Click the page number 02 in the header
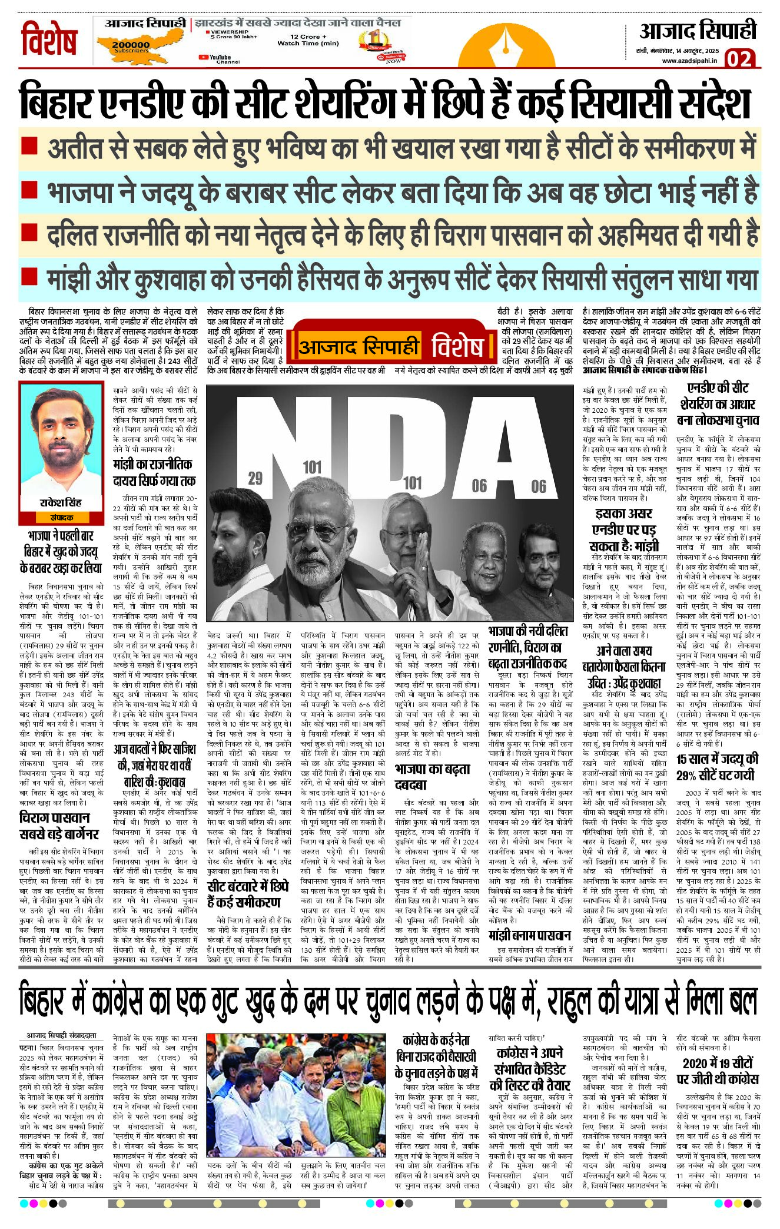[739, 59]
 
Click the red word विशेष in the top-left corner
[49, 41]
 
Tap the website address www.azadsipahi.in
[689, 61]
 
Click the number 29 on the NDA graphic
[255, 478]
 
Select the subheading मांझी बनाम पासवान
[530, 936]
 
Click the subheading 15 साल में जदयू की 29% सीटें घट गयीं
[718, 766]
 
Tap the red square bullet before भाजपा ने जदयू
[29, 189]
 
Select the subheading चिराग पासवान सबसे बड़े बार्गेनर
[59, 825]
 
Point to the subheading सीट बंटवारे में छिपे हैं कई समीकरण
[248, 894]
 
